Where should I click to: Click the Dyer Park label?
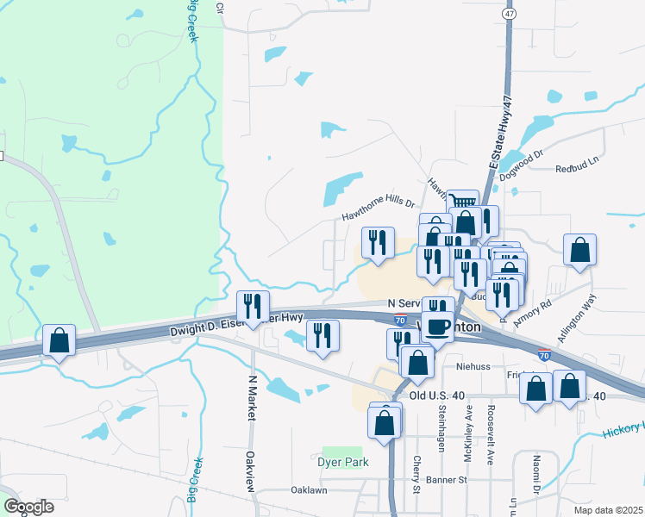(x=345, y=462)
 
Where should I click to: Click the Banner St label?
(x=449, y=479)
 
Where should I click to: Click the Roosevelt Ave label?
(x=491, y=435)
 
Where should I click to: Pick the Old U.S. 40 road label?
(x=437, y=396)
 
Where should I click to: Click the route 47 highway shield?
(x=510, y=15)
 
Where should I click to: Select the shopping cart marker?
(x=462, y=202)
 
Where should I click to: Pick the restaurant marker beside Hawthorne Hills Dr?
(x=377, y=243)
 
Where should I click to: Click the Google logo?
(x=28, y=507)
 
